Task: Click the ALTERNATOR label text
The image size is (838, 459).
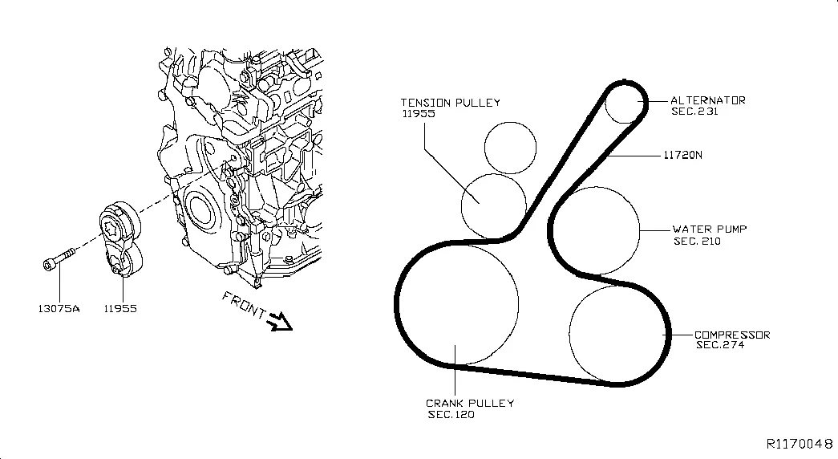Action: pos(707,100)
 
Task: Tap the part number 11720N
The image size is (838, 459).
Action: pos(683,155)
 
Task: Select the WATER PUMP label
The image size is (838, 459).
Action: pos(710,229)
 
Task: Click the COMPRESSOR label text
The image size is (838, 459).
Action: pos(732,335)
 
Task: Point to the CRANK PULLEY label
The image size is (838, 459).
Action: pos(470,404)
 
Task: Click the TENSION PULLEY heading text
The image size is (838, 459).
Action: pos(451,102)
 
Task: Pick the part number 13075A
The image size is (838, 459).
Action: pos(59,309)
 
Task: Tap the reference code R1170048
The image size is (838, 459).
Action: pos(800,444)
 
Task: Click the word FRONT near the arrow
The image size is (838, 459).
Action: pos(244,304)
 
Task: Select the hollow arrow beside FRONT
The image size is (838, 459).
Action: pos(280,322)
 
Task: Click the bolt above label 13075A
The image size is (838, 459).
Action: pos(59,258)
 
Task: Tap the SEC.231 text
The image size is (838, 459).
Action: pos(694,112)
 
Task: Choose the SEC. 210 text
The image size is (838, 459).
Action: pos(697,242)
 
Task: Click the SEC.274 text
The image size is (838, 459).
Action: pos(720,345)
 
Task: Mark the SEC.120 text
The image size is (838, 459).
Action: pos(451,415)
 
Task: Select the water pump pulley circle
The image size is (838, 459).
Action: pos(640,231)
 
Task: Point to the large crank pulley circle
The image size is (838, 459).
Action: pos(518,304)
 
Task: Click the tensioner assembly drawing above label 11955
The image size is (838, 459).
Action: pos(121,239)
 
